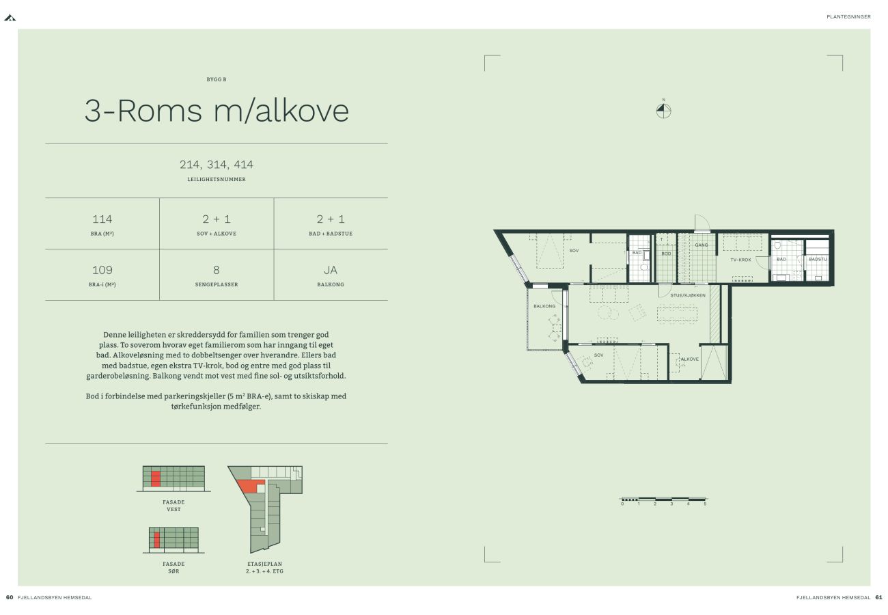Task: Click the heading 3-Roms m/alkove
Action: coord(217,111)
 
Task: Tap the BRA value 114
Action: coord(102,219)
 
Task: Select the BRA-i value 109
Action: coord(102,270)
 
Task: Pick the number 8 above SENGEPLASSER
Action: coord(217,270)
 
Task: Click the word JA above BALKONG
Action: coord(331,270)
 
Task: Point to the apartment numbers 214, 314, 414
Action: coord(217,164)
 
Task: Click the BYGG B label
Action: coord(217,79)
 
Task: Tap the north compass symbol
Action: coord(664,111)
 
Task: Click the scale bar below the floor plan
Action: coord(664,499)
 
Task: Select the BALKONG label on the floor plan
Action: coord(544,306)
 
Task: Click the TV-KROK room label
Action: coord(741,260)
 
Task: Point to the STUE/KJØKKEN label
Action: coord(688,295)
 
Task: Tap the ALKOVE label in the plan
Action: coord(690,359)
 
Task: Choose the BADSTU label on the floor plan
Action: coord(818,259)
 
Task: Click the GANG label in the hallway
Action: coord(702,245)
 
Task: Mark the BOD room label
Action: coord(667,254)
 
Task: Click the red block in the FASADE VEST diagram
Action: coord(156,478)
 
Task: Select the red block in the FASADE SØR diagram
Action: coord(157,540)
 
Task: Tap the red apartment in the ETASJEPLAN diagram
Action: coord(250,485)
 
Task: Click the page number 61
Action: coord(879,597)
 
